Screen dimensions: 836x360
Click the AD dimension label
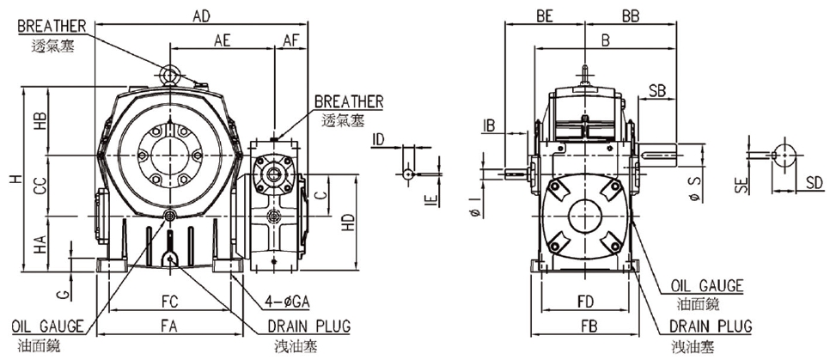201,16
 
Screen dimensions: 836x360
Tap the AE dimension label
223,40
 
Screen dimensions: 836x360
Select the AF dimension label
291,40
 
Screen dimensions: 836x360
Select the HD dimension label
349,223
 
